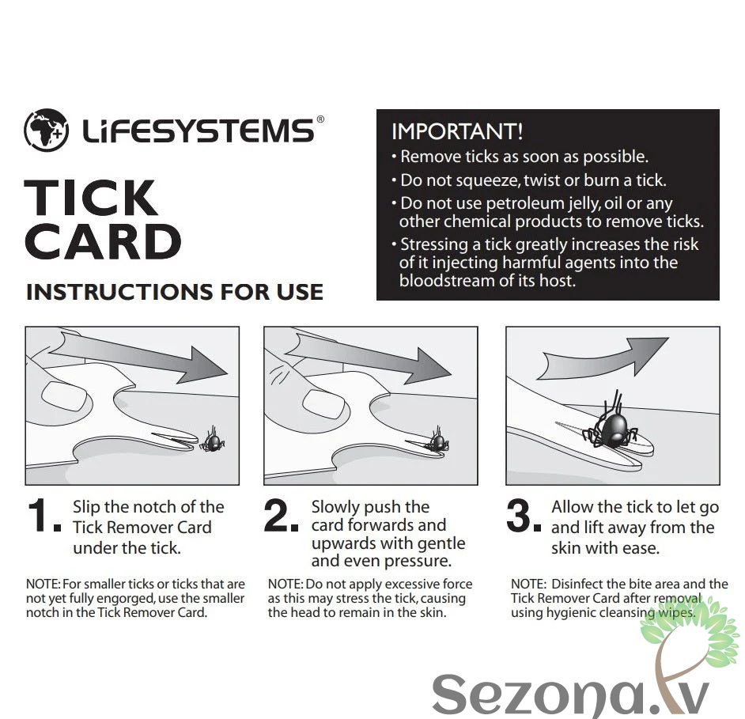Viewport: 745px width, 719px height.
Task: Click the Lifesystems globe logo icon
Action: point(46,131)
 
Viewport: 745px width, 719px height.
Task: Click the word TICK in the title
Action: point(90,199)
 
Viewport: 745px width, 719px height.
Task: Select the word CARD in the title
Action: point(103,241)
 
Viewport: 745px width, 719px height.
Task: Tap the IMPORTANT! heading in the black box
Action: point(457,131)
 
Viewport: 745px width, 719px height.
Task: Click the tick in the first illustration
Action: point(213,441)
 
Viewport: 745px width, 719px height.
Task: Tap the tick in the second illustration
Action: point(437,441)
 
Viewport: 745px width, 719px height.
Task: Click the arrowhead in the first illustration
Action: point(203,365)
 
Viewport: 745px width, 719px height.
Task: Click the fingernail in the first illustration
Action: point(66,395)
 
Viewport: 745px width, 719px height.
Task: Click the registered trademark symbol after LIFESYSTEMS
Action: point(320,119)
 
